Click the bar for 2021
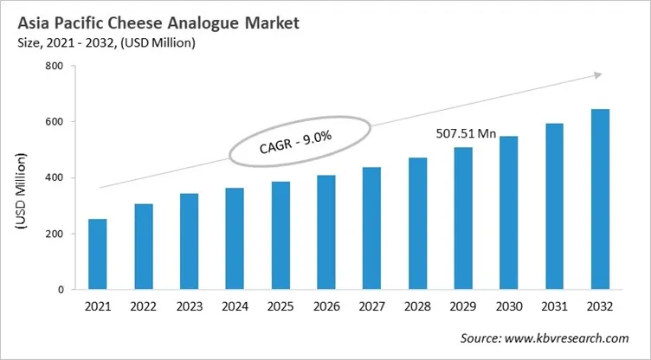[97, 254]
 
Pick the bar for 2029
[462, 219]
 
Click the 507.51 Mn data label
[464, 134]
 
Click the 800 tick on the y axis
[54, 66]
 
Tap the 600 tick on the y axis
[54, 122]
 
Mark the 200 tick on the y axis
[54, 234]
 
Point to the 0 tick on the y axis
[61, 290]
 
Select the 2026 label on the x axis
[325, 307]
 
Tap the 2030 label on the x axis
[507, 307]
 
